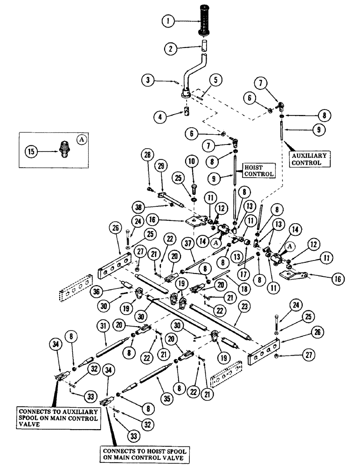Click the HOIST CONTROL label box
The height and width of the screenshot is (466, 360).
(257, 170)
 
